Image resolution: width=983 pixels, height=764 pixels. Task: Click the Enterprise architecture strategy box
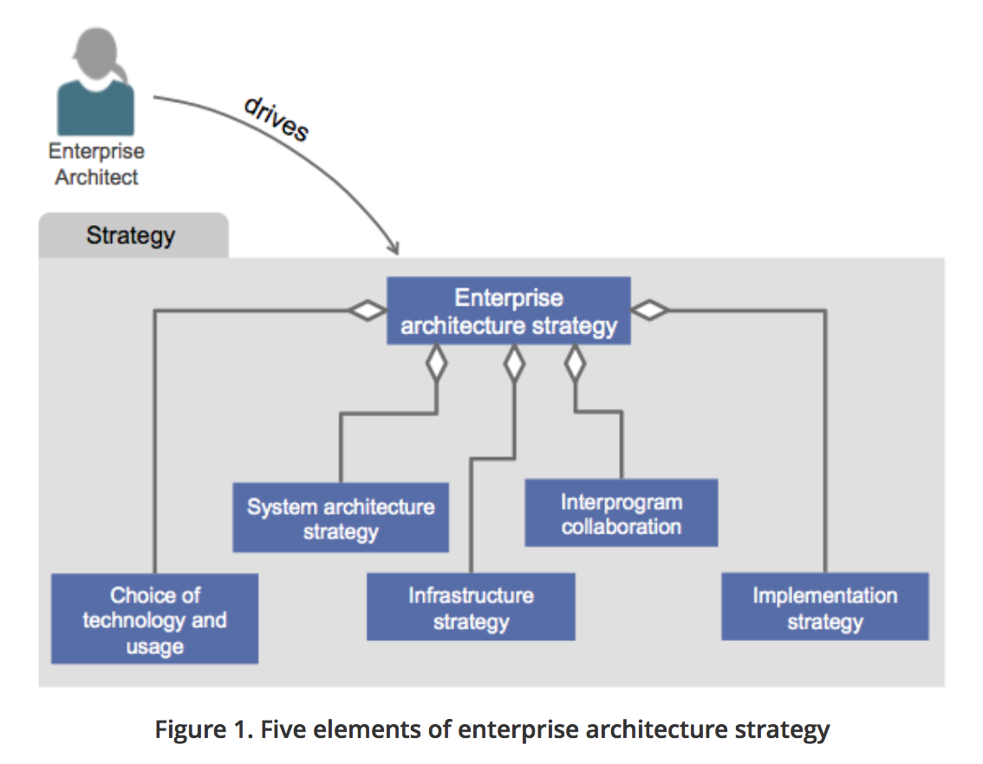508,311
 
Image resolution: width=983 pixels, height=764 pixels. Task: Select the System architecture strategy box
340,518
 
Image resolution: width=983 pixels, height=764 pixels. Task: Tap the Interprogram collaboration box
621,514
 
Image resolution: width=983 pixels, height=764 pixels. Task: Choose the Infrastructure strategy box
471,607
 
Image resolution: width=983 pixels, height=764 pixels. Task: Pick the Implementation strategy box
824,607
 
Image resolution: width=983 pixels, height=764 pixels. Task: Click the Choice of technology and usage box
154,619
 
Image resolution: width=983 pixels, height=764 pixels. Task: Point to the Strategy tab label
131,236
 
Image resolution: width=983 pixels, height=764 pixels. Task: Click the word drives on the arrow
277,119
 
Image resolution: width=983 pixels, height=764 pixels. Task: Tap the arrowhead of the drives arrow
394,249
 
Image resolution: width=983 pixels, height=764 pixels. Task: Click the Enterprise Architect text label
96,164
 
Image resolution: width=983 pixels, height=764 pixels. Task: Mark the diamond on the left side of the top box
367,310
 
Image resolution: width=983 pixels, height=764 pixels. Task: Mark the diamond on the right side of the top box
650,309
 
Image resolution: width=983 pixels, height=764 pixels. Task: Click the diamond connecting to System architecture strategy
436,364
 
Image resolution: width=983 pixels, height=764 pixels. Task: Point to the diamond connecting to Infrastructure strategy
515,364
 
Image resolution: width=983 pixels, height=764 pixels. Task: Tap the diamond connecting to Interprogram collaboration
575,364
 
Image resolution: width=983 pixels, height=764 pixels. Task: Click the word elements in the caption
351,729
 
